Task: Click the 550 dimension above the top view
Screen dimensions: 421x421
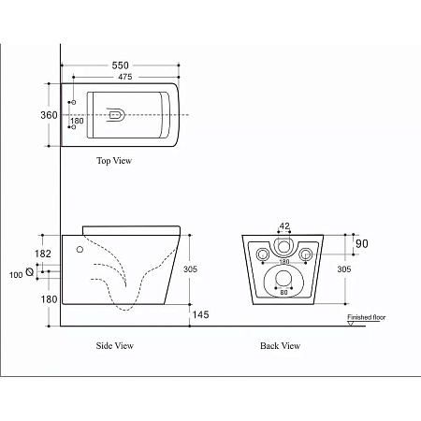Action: coord(120,65)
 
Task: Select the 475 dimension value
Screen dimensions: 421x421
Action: coord(125,77)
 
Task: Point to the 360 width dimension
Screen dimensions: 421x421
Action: coord(49,115)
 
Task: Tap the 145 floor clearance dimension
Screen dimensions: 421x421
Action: coord(200,314)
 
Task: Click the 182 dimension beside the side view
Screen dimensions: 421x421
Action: coord(43,254)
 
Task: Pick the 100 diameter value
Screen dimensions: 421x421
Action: coord(16,275)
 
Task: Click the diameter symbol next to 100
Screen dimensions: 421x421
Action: coord(30,272)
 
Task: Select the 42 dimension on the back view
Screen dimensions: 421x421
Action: coord(284,225)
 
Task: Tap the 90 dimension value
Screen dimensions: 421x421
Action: coord(362,243)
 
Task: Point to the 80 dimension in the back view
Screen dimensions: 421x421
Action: coord(283,292)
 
